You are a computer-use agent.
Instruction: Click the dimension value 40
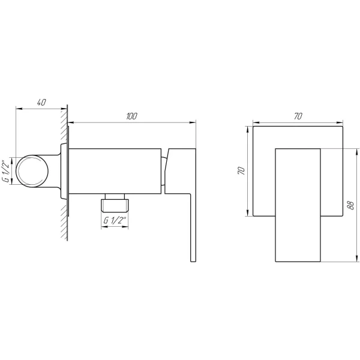click(41, 102)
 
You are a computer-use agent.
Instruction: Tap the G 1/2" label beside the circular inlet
click(5, 171)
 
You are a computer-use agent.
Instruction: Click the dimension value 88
click(352, 204)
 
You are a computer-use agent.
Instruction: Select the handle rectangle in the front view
click(298, 204)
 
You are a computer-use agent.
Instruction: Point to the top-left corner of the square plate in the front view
click(254, 127)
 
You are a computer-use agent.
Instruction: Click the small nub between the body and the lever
click(163, 170)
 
